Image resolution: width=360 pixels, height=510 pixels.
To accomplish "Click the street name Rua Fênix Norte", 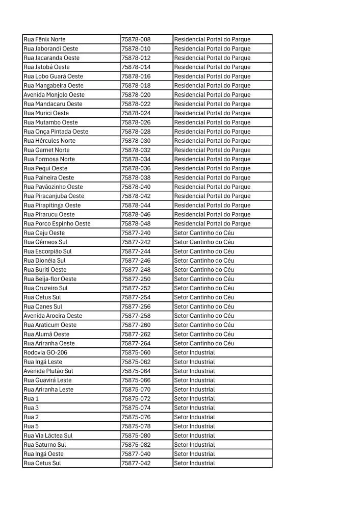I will (44, 39).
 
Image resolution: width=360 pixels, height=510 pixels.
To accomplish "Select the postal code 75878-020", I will (136, 95).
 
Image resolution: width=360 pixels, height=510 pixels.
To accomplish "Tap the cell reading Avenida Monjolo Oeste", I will (54, 95).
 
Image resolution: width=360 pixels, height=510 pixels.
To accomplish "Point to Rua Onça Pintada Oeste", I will (56, 132).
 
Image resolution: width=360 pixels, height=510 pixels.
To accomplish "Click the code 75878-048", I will (136, 223).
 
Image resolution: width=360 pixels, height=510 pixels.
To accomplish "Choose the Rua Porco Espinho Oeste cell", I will (57, 223).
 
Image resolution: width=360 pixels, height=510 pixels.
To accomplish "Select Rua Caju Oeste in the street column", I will (44, 233).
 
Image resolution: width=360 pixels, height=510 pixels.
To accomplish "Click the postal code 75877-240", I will (136, 233).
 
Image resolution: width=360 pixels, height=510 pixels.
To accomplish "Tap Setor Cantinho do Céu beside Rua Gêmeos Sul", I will (204, 242).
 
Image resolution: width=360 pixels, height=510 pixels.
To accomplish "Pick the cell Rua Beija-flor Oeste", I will (50, 279).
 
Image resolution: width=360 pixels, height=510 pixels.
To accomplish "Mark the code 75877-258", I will (136, 316).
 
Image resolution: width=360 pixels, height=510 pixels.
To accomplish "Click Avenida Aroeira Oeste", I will (53, 316).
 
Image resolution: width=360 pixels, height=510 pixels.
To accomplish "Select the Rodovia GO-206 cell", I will (45, 352).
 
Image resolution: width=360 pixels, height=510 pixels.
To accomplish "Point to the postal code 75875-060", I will (136, 352).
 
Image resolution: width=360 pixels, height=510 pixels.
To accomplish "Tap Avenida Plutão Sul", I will (48, 371).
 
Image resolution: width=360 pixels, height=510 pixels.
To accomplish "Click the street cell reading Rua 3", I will (31, 407).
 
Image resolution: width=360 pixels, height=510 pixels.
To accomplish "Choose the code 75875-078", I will (136, 426).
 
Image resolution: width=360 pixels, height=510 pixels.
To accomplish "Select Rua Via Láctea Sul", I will (48, 436).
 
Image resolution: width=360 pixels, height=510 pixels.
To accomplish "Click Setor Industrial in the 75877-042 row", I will (194, 463).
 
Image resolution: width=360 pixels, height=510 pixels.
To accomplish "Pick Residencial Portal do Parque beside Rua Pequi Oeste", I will (212, 168).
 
